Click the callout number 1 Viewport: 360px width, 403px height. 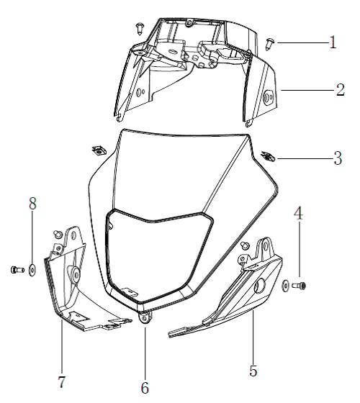tap(333, 42)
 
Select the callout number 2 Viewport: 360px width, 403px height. tap(341, 90)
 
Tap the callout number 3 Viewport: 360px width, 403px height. tap(338, 158)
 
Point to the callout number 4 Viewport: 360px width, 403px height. tap(298, 213)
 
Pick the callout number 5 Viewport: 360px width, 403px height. tap(253, 371)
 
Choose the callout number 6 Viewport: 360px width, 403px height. tap(145, 388)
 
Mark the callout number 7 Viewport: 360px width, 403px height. tap(62, 382)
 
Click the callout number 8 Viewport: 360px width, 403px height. tap(32, 203)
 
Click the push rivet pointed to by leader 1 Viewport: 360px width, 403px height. tap(270, 45)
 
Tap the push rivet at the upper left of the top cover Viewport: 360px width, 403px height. tap(140, 29)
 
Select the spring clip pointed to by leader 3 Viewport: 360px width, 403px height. tap(268, 157)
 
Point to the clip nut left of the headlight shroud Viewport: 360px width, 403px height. tap(99, 150)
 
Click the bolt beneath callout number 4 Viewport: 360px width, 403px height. tap(299, 286)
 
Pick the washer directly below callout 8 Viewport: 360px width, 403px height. tap(32, 270)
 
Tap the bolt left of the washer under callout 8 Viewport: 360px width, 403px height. tap(17, 270)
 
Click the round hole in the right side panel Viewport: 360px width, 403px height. tap(259, 286)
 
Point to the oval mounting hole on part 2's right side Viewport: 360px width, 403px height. tap(269, 97)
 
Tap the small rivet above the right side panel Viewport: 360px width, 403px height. tap(245, 245)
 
